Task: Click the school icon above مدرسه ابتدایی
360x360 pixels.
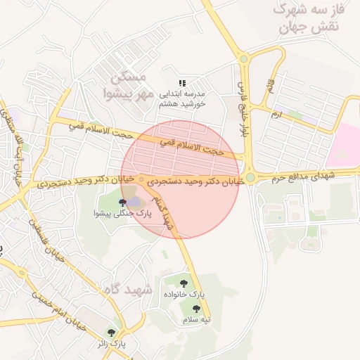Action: (183, 83)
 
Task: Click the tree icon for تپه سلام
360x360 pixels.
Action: (196, 309)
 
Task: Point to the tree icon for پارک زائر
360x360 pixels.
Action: (111, 333)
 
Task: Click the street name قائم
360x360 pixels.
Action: (269, 86)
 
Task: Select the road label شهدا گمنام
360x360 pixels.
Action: (163, 208)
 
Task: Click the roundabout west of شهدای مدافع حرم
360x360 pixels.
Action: (250, 178)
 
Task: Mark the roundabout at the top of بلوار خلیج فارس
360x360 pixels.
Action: (243, 59)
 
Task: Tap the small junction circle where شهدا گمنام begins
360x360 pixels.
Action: (142, 181)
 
